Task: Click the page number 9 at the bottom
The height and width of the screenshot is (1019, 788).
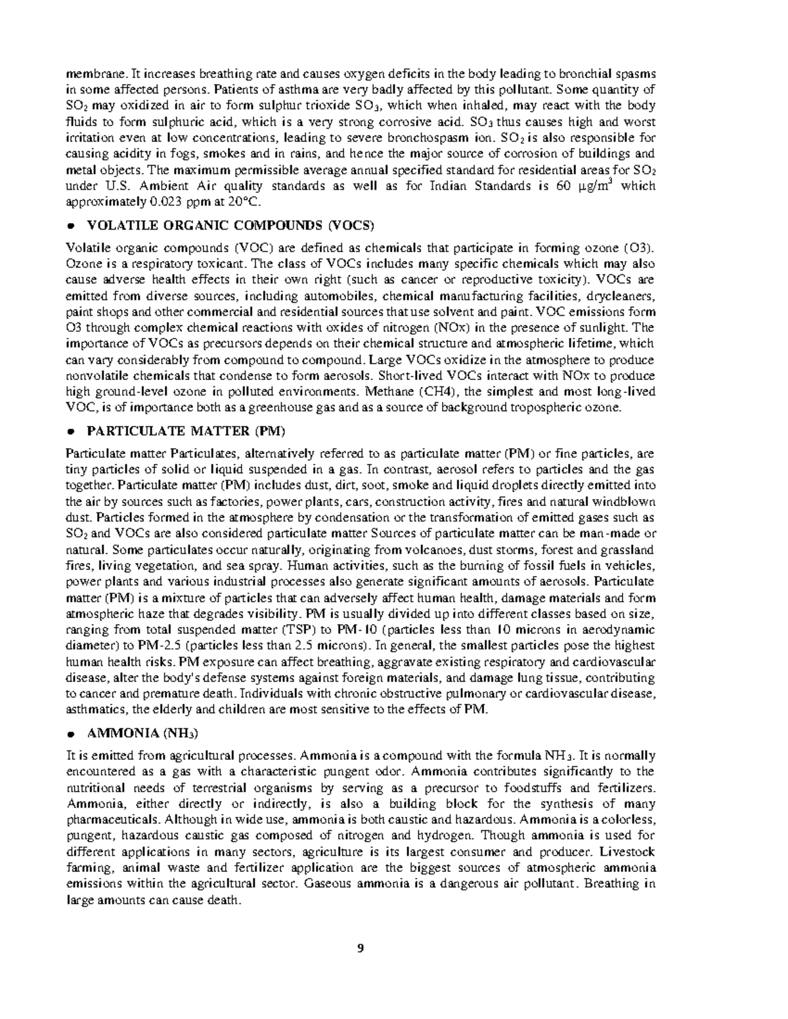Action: click(x=360, y=947)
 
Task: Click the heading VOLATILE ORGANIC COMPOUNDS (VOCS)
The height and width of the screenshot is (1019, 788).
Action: click(x=230, y=226)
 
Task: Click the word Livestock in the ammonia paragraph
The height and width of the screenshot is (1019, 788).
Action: click(x=628, y=852)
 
